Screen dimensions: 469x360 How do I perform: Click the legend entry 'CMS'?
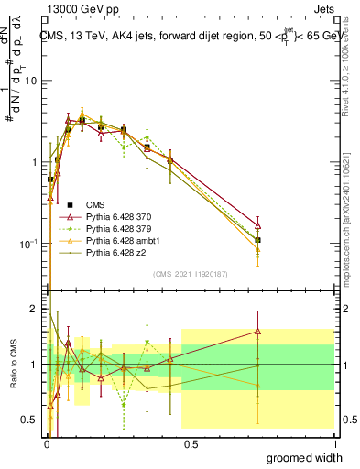tap(95, 204)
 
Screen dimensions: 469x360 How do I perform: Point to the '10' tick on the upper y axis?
tap(30, 82)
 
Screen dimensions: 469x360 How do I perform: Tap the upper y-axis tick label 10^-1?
tap(28, 244)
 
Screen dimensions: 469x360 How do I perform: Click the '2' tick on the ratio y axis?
tap(34, 309)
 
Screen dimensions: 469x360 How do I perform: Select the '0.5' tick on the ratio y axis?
tap(29, 420)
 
